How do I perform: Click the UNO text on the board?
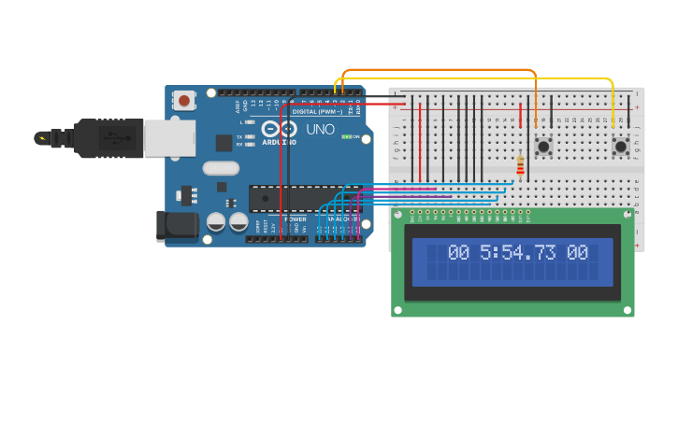[x=321, y=130]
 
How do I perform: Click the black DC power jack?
[x=178, y=226]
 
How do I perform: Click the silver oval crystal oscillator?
[x=221, y=168]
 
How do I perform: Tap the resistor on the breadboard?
[x=521, y=166]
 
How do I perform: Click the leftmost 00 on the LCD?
[x=458, y=253]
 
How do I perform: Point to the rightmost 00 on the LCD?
[x=577, y=253]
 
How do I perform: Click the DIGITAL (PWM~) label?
[x=318, y=111]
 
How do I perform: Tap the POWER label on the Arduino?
[x=295, y=219]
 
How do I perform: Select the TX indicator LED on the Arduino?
[x=250, y=136]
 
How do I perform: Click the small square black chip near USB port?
[x=224, y=142]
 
